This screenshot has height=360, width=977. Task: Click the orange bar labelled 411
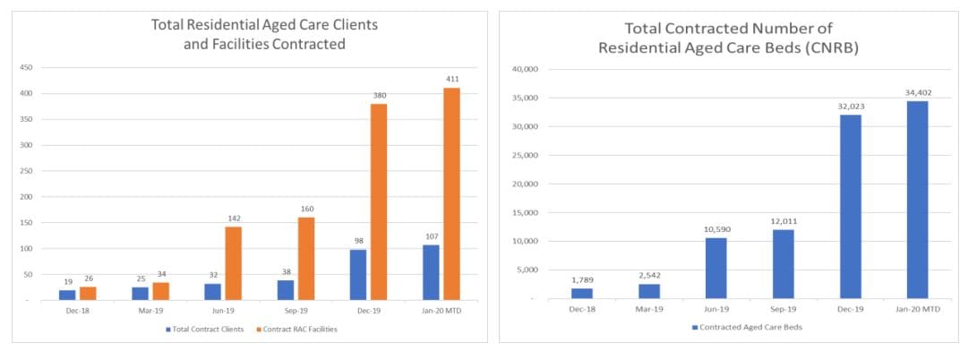pyautogui.click(x=451, y=193)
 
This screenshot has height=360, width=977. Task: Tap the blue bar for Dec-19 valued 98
pyautogui.click(x=359, y=273)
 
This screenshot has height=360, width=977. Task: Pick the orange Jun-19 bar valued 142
pyautogui.click(x=233, y=262)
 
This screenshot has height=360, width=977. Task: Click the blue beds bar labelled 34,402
pyautogui.click(x=917, y=199)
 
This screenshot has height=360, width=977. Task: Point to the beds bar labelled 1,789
pyautogui.click(x=581, y=292)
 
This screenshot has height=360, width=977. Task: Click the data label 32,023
pyautogui.click(x=850, y=106)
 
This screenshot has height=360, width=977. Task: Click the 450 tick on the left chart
pyautogui.click(x=27, y=67)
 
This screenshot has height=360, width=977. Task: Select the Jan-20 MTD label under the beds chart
pyautogui.click(x=917, y=309)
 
